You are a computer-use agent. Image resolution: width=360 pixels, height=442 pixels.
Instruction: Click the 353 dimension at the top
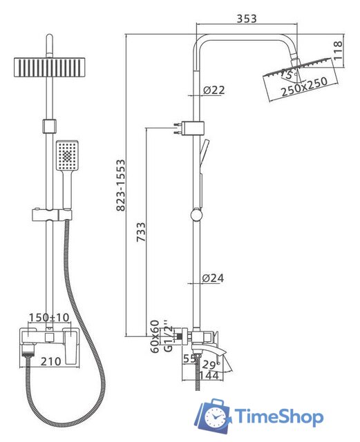point(247,19)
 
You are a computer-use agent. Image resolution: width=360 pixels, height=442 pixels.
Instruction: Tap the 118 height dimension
point(338,50)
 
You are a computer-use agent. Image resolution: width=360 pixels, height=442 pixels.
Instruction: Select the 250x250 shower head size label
point(305,86)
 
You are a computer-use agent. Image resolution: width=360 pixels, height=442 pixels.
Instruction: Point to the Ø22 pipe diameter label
point(214,90)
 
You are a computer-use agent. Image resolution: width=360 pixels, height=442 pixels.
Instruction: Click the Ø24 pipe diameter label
point(213,278)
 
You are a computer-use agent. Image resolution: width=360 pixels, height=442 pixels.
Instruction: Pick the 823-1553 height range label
point(121,185)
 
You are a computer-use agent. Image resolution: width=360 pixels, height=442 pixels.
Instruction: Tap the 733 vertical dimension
point(141,232)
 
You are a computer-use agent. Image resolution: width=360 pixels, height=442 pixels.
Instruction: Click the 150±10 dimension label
point(49,318)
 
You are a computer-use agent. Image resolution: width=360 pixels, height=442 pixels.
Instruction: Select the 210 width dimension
point(50,361)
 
